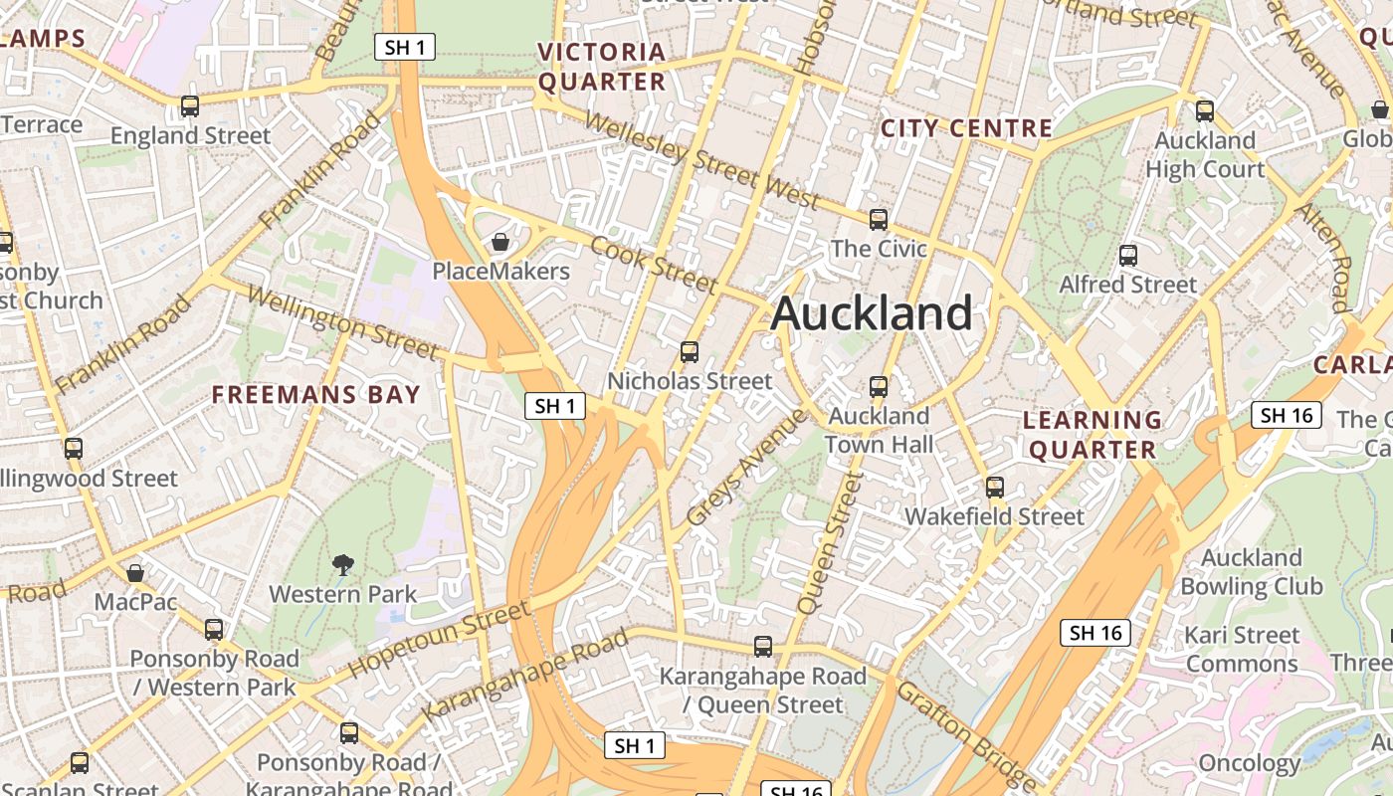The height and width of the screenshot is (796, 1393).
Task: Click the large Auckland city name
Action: [x=872, y=313]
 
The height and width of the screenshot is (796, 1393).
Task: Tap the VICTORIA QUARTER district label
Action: [x=601, y=67]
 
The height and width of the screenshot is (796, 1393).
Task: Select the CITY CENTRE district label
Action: [x=966, y=128]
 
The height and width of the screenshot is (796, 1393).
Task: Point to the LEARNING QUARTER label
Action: [x=1093, y=435]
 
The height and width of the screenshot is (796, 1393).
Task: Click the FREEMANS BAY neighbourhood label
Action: [x=316, y=395]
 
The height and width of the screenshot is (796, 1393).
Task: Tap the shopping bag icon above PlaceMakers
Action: [x=500, y=242]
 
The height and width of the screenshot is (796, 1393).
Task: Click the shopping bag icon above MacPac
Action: [x=135, y=573]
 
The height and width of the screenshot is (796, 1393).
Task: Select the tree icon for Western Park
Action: [x=343, y=565]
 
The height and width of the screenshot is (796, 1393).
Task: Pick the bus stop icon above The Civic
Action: [x=879, y=220]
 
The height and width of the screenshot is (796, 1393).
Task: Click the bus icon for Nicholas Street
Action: [x=689, y=352]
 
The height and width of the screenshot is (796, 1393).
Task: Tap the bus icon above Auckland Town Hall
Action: [x=879, y=387]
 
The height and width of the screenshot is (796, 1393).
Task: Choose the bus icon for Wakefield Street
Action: [x=995, y=488]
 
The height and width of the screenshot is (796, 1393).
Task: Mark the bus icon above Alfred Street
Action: [x=1128, y=256]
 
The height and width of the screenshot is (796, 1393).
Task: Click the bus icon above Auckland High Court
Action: [x=1205, y=111]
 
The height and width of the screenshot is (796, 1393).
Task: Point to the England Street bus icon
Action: [x=190, y=106]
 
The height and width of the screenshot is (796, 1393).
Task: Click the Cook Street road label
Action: [x=653, y=265]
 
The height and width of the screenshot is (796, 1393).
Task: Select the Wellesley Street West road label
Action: [x=701, y=161]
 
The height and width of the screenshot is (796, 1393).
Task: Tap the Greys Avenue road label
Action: [x=746, y=467]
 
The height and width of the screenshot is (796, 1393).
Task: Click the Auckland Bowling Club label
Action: [x=1251, y=571]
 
